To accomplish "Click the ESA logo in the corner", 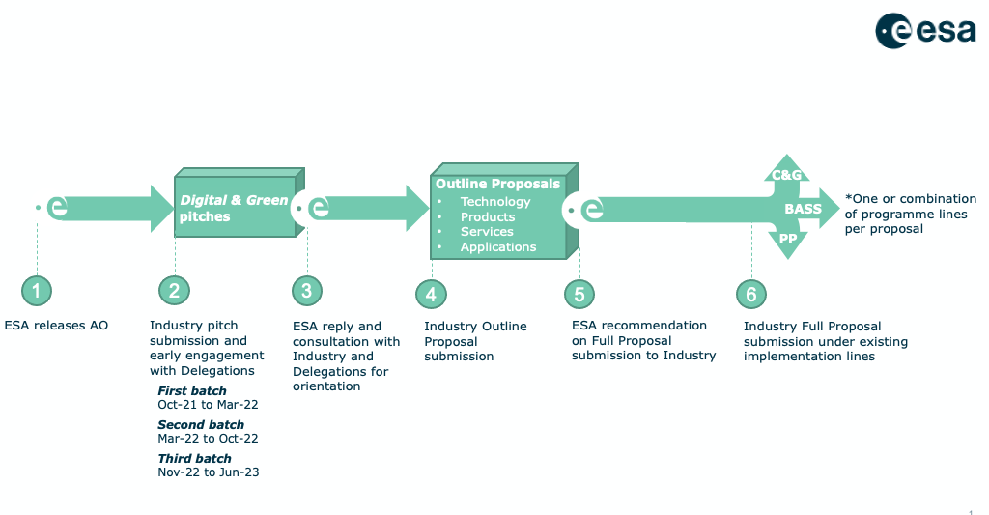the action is point(925,30).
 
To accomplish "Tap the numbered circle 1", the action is point(37,291).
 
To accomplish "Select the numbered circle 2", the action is point(174,291).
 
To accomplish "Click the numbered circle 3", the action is point(307,291).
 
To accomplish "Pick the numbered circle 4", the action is point(431,294).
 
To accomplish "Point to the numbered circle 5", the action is point(579,294).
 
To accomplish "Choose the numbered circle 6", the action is point(751,294).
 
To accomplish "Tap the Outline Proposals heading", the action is point(497,184).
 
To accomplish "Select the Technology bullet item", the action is point(495,201).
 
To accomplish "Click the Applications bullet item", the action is point(498,246).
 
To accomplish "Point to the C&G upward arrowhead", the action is point(786,169).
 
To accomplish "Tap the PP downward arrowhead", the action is point(788,243).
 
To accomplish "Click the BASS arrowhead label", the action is point(803,209).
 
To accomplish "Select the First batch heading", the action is point(192,390).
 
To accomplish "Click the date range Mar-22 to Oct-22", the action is point(209,438).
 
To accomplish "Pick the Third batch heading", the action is point(194,458).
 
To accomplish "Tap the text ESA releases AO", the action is point(56,325).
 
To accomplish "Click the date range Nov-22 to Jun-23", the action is point(209,472).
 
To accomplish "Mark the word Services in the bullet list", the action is point(487,232).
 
